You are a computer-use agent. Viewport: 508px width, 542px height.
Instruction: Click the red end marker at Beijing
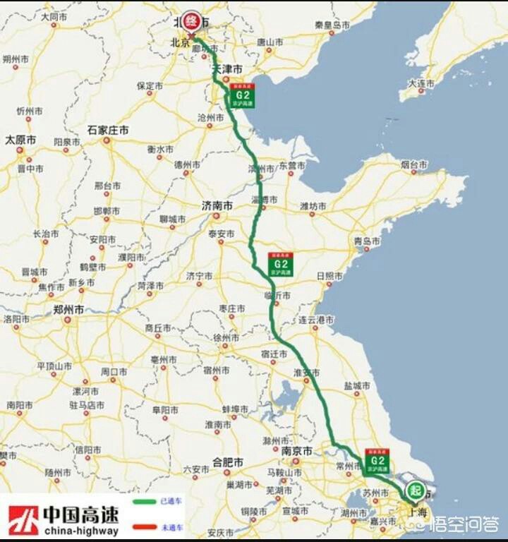click(x=190, y=22)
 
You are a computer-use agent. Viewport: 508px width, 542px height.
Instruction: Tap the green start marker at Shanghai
click(x=415, y=490)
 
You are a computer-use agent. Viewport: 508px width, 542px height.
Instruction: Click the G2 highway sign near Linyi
click(x=280, y=264)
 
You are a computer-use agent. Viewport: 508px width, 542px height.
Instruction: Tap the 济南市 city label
click(x=217, y=206)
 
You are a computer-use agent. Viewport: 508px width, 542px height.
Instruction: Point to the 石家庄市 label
click(x=108, y=131)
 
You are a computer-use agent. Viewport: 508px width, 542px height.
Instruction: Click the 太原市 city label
click(x=20, y=140)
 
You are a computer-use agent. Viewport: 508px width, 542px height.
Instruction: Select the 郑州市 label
click(x=69, y=309)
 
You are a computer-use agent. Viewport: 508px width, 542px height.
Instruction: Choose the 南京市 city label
click(x=296, y=451)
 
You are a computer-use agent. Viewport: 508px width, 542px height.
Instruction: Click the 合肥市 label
click(x=228, y=462)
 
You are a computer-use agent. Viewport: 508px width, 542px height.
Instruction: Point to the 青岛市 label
click(x=367, y=241)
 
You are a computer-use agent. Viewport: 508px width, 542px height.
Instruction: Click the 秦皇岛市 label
click(x=332, y=25)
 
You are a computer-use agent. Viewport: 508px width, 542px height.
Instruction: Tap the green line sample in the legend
click(x=146, y=503)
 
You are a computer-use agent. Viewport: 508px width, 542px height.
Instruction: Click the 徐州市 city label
click(x=226, y=337)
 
